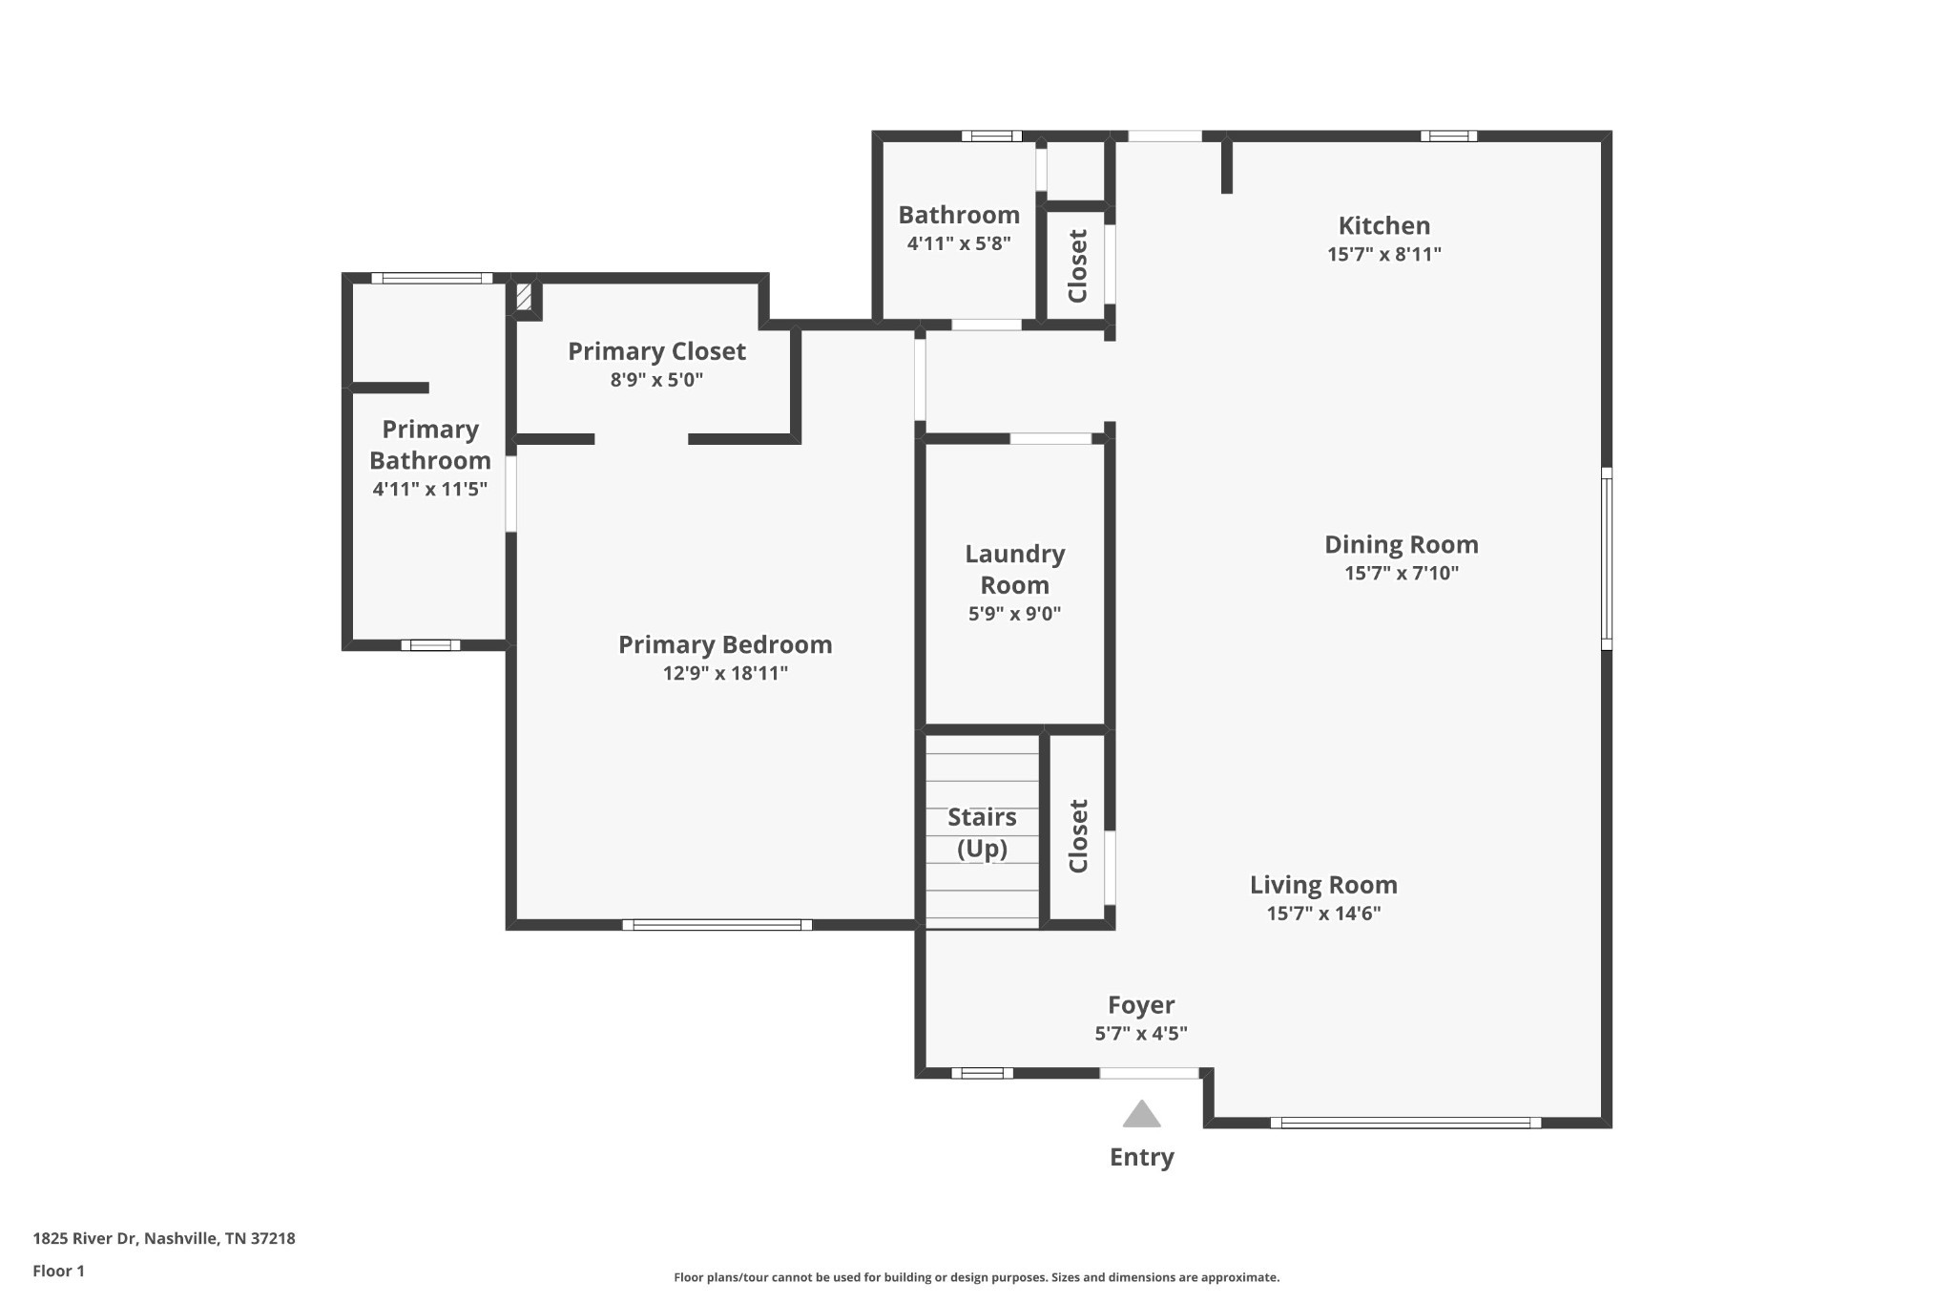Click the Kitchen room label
click(1384, 226)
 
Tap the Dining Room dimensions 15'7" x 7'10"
click(1402, 574)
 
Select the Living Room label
click(1323, 886)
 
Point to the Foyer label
click(1141, 1005)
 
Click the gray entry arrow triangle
click(1141, 1115)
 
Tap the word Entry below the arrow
click(1142, 1157)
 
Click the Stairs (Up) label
click(982, 832)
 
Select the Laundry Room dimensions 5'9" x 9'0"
click(1014, 614)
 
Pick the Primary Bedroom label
click(725, 645)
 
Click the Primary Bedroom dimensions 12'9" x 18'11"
click(725, 674)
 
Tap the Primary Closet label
click(656, 352)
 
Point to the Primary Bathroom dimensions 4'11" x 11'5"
click(430, 490)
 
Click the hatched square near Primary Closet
click(524, 295)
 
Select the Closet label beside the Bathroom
click(1077, 266)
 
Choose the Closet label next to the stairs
click(1078, 836)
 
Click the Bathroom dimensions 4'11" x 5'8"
click(959, 243)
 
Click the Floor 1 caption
click(59, 1271)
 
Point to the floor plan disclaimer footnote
click(977, 1277)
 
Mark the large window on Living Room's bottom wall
click(1405, 1123)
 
